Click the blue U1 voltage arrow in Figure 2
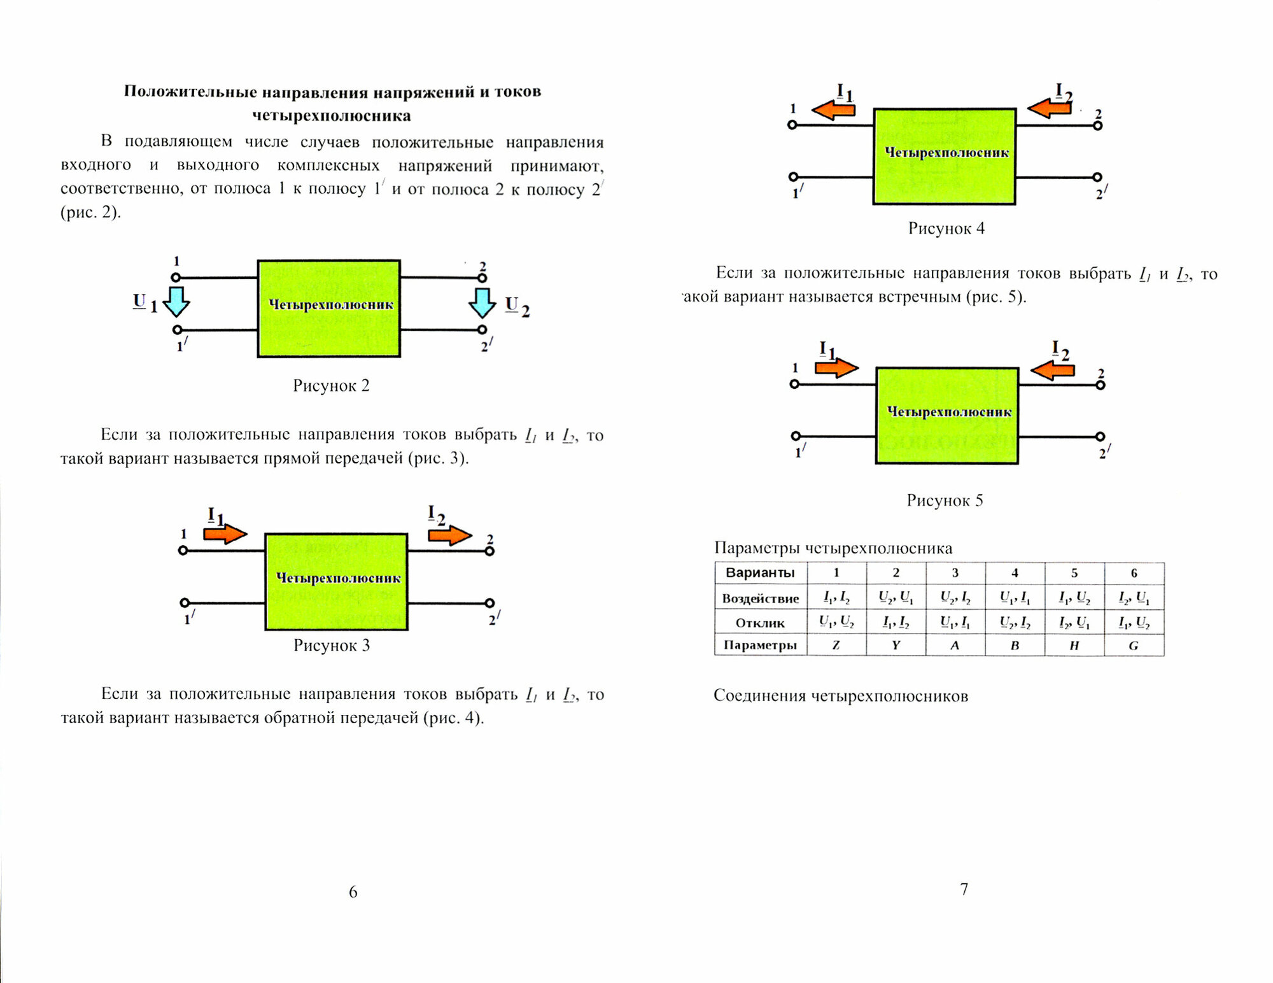tap(176, 302)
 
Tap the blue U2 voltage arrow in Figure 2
tap(482, 302)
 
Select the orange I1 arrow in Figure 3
tap(225, 534)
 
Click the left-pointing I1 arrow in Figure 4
tap(833, 110)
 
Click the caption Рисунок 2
tap(331, 386)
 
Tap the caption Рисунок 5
tap(945, 500)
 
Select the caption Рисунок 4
tap(946, 229)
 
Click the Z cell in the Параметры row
tap(836, 645)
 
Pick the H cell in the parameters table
tap(1074, 645)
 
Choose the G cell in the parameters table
tap(1134, 645)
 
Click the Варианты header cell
tap(760, 573)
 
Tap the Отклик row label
tap(760, 623)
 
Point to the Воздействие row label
tap(760, 598)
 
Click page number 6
tap(353, 892)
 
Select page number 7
tap(964, 889)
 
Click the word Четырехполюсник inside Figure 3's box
tap(338, 578)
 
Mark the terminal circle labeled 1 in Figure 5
tap(794, 384)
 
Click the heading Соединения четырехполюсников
tap(840, 696)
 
